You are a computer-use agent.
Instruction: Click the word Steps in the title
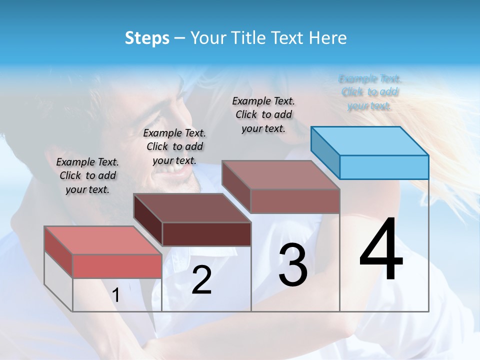pyautogui.click(x=147, y=38)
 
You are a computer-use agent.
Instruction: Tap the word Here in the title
pyautogui.click(x=327, y=38)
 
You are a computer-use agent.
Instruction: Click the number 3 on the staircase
pyautogui.click(x=293, y=265)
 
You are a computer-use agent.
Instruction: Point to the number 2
pyautogui.click(x=201, y=280)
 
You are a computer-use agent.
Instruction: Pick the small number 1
pyautogui.click(x=116, y=295)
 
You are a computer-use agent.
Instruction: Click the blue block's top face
pyautogui.click(x=370, y=141)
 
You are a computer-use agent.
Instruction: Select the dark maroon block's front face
pyautogui.click(x=206, y=234)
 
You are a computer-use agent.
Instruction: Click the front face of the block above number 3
pyautogui.click(x=295, y=201)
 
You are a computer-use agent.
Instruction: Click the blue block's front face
pyautogui.click(x=384, y=167)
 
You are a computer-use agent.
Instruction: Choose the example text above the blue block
pyautogui.click(x=370, y=92)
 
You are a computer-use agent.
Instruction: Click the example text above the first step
pyautogui.click(x=87, y=175)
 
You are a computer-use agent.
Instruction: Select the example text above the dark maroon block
pyautogui.click(x=174, y=146)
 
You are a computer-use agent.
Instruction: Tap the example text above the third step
pyautogui.click(x=263, y=114)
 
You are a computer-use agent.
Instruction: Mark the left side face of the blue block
pyautogui.click(x=325, y=152)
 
